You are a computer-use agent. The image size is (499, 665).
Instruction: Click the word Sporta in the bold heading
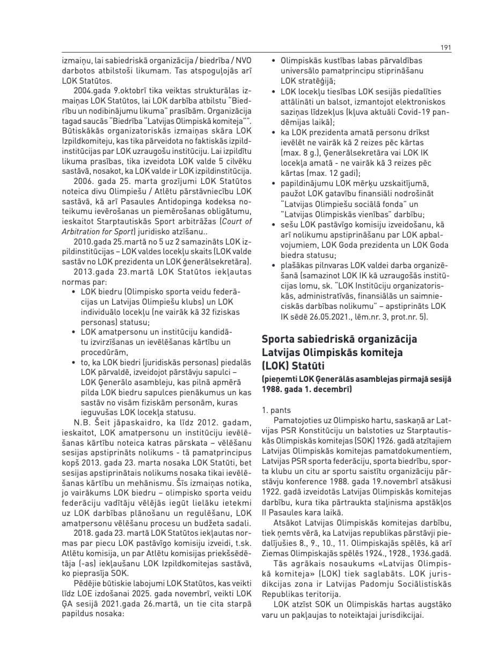pyautogui.click(x=280, y=339)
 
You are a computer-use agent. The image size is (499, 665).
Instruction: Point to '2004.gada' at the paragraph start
pyautogui.click(x=91, y=91)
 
